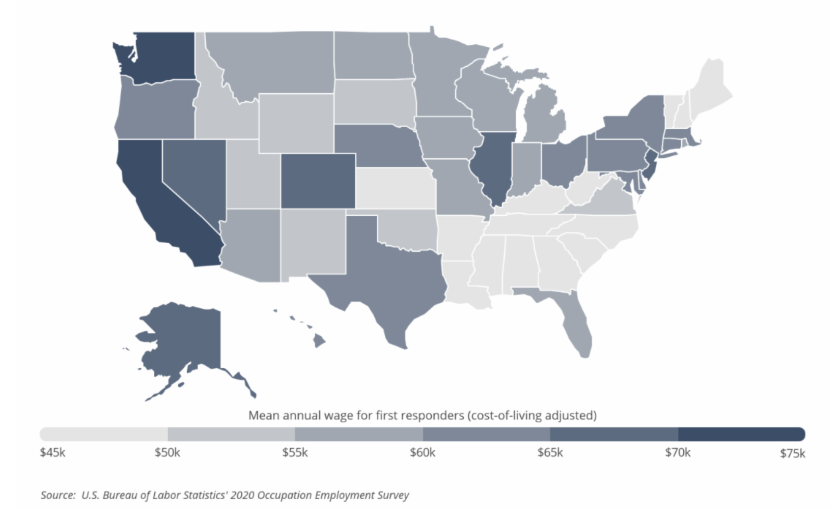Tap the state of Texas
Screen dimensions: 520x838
click(x=392, y=280)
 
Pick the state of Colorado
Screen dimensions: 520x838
click(x=318, y=181)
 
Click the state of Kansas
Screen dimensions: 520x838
click(x=395, y=188)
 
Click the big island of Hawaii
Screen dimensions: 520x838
click(x=319, y=341)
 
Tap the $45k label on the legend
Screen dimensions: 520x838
click(x=52, y=452)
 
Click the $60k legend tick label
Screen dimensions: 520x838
click(x=423, y=452)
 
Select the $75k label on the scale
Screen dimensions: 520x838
click(x=792, y=453)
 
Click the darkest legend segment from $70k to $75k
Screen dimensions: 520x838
click(x=741, y=434)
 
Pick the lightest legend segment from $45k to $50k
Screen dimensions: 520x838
click(x=104, y=434)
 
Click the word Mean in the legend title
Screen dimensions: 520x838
click(x=263, y=415)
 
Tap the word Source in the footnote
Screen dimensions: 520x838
click(x=58, y=495)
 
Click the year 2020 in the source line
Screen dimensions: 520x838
click(x=242, y=495)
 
